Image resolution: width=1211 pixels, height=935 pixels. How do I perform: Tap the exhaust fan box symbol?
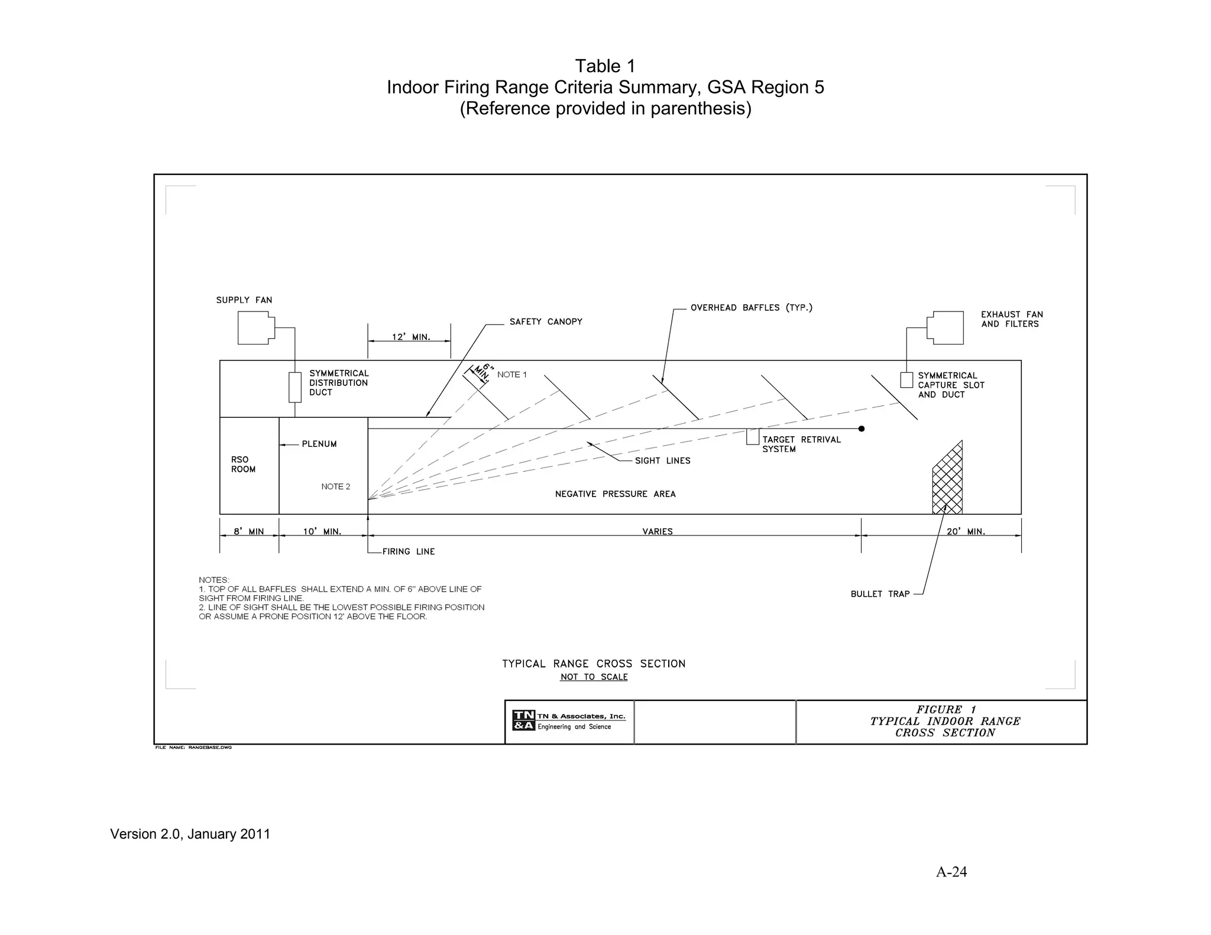[x=946, y=328]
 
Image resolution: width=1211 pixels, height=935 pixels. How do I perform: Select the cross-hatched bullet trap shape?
[x=947, y=482]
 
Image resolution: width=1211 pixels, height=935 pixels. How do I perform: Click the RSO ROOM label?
[x=243, y=465]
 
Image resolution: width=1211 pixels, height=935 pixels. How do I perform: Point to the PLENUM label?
[x=319, y=444]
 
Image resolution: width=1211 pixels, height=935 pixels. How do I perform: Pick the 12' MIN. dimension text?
[x=411, y=337]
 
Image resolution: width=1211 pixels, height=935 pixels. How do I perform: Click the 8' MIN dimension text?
[x=248, y=531]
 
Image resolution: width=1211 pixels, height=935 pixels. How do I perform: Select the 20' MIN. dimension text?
[x=966, y=531]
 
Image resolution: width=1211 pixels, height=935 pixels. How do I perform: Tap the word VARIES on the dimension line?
[x=658, y=531]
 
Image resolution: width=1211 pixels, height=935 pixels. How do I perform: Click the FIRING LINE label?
[x=408, y=551]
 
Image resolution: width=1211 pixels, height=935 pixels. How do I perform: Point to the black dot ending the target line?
[x=861, y=428]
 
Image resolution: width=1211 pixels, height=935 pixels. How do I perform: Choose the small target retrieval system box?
[x=752, y=437]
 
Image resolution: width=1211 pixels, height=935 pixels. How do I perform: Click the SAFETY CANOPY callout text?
[x=546, y=322]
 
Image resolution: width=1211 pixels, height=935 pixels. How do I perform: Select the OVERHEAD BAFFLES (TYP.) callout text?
[x=751, y=307]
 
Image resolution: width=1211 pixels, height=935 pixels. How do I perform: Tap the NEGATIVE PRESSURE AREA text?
[x=615, y=494]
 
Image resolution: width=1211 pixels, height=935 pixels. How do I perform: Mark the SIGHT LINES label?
[x=662, y=460]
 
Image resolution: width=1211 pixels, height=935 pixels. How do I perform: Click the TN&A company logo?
[x=523, y=720]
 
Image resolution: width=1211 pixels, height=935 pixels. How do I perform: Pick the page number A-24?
[x=951, y=872]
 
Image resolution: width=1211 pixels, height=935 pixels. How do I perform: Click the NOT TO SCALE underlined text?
[x=594, y=677]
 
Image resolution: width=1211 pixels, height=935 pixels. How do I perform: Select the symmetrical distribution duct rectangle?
[x=294, y=387]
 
